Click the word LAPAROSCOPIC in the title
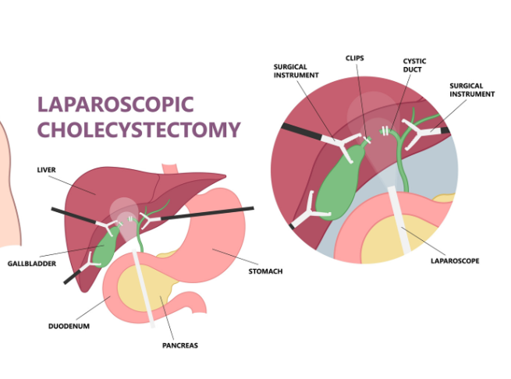click(x=115, y=104)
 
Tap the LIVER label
click(x=48, y=168)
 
